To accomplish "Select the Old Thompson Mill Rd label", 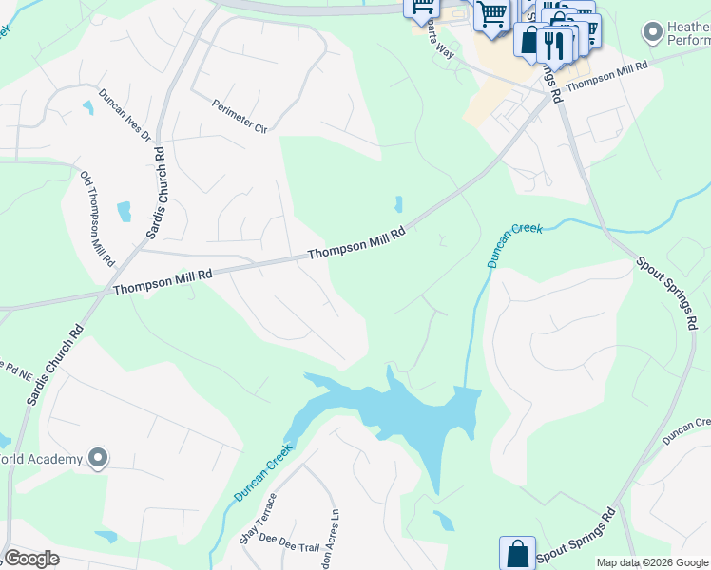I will (x=98, y=218).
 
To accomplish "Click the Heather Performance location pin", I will (x=652, y=33).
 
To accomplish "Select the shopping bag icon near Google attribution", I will (x=516, y=553).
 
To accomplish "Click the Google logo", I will (x=31, y=559).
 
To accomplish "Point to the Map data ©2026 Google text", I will (x=652, y=562).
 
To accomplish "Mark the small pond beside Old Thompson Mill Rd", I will (x=124, y=211).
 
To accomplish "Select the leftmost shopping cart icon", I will (x=421, y=8).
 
